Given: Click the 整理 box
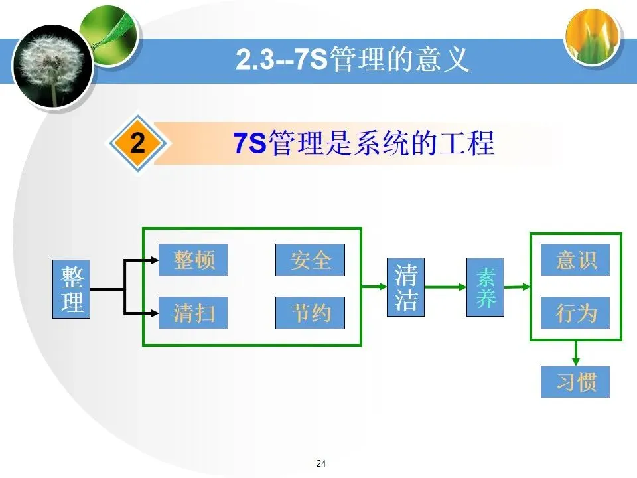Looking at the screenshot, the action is pos(71,289).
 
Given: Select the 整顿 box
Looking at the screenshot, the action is pos(193,260).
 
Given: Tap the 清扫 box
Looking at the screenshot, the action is pos(193,312).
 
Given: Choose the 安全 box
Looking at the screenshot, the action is pos(311,260).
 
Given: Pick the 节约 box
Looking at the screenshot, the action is pos(311,312).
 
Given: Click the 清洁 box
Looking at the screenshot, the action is pos(405,287).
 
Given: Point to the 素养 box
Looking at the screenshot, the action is pos(485,287).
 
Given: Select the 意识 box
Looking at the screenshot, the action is pos(575,260).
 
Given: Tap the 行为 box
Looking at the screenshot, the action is pos(575,312).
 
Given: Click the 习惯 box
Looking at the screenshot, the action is pos(575,382).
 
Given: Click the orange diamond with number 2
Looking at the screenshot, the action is pos(137,143).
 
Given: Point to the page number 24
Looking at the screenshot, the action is pos(322,463).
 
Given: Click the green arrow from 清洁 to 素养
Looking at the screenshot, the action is pos(445,287).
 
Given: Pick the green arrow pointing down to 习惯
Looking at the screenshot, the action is pos(576,353).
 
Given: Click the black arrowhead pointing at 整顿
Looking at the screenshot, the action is pos(153,260).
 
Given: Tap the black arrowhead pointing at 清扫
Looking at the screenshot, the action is pos(153,312).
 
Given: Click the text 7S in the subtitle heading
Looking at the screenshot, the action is pos(249,143).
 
